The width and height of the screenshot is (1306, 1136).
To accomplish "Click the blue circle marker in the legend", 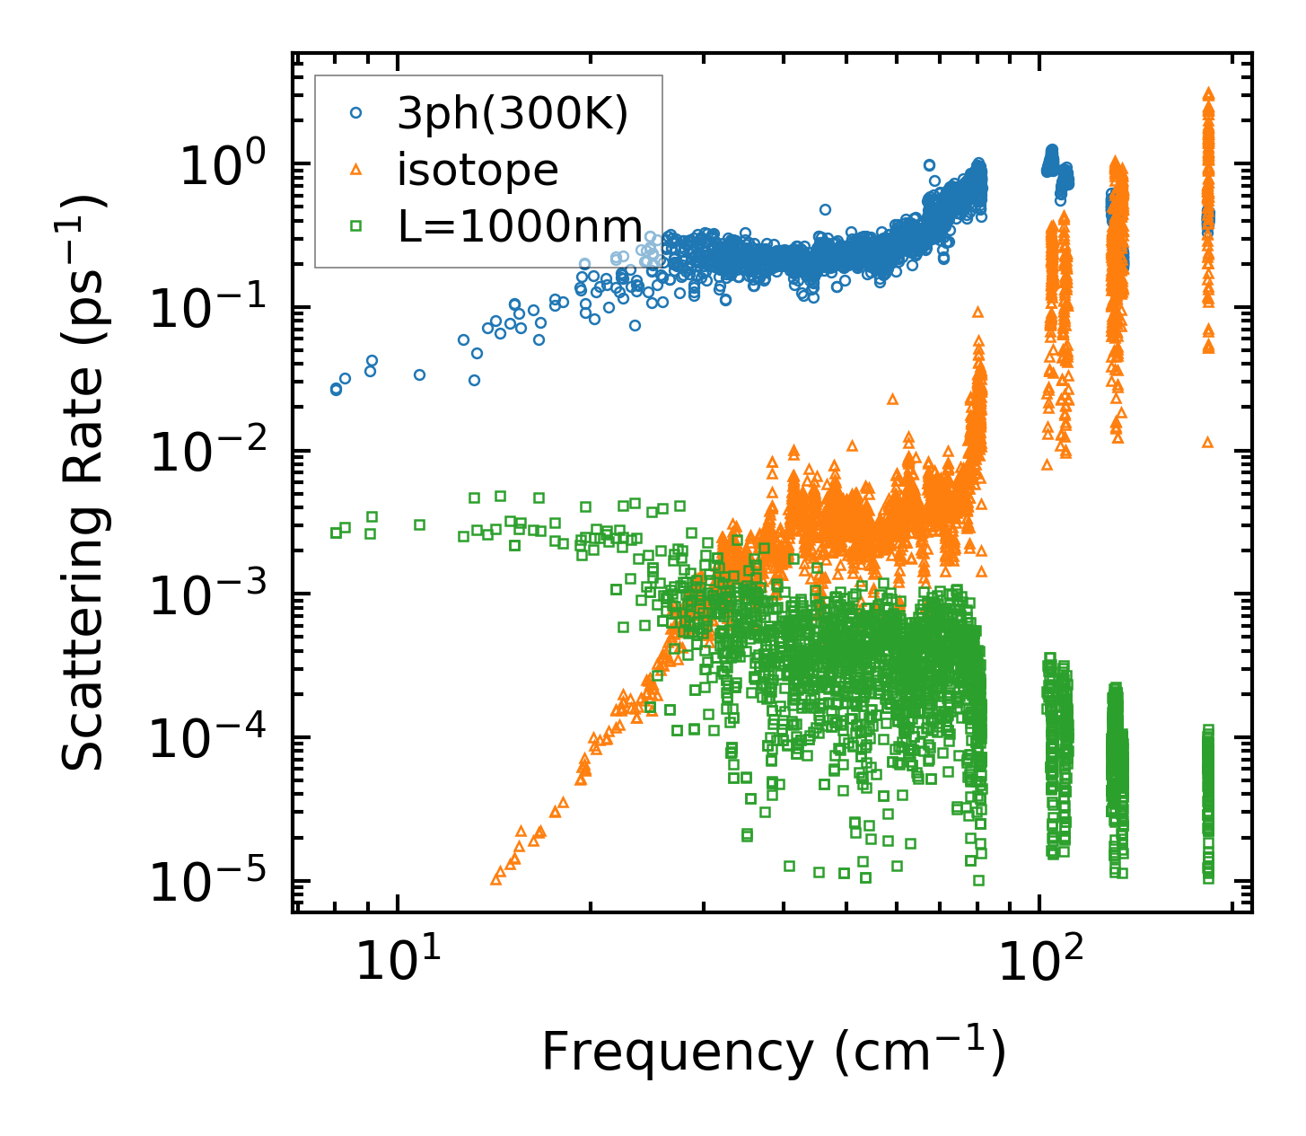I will (x=355, y=113).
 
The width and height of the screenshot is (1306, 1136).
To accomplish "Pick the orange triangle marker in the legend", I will (x=355, y=169).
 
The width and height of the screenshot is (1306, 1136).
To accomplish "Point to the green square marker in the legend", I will (x=355, y=225).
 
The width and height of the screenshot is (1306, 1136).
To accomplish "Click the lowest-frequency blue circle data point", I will (x=336, y=389).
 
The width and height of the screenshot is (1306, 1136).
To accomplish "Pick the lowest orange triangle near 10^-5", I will (x=495, y=879).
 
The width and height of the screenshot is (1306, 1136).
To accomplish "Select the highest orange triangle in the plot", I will (x=1208, y=93).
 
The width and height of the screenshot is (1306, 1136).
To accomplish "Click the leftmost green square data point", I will (x=336, y=533).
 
